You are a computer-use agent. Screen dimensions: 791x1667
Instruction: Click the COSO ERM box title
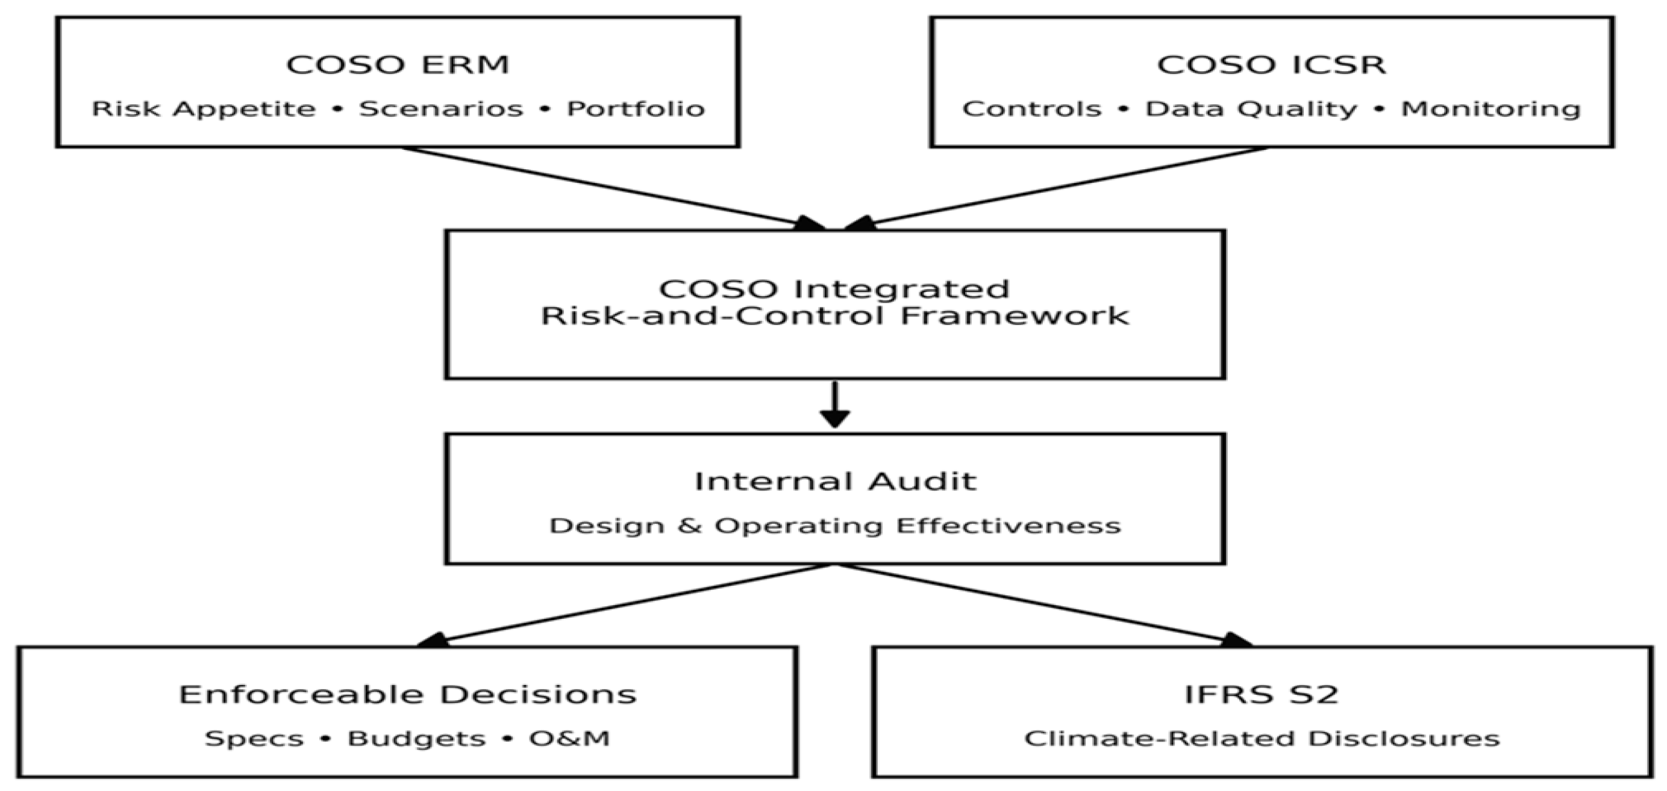click(x=398, y=64)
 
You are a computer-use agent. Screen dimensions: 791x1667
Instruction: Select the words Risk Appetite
click(x=203, y=109)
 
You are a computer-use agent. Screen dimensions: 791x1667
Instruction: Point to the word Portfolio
click(x=636, y=109)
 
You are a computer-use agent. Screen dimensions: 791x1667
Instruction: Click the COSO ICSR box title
click(x=1271, y=64)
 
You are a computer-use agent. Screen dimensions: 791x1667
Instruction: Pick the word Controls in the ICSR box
click(x=1031, y=109)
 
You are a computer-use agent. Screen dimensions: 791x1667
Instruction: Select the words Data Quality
click(x=1251, y=109)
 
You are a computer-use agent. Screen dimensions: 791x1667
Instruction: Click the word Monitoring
click(x=1490, y=109)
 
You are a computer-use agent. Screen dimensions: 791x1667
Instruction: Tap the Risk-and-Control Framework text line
click(x=834, y=316)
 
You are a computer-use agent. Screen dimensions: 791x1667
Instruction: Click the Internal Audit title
click(x=834, y=481)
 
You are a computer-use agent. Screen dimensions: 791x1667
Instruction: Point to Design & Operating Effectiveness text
click(x=834, y=525)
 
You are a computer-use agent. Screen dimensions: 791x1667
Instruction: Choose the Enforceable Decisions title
click(x=408, y=695)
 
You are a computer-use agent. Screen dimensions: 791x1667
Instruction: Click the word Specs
click(x=254, y=739)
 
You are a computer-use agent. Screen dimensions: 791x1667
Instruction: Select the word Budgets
click(x=416, y=739)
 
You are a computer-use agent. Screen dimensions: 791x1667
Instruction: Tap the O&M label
click(x=569, y=739)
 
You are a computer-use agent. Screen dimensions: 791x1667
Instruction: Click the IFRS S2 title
click(x=1262, y=695)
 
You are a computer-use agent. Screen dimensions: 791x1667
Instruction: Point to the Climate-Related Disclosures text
click(x=1262, y=739)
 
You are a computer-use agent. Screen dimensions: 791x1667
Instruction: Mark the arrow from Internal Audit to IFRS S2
click(x=1042, y=605)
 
